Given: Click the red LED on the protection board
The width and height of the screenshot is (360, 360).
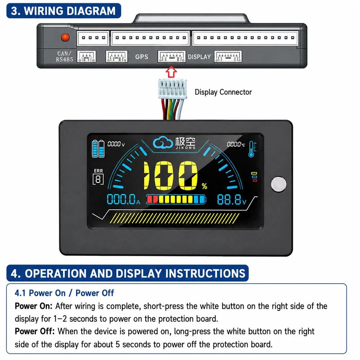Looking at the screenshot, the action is coord(65,37).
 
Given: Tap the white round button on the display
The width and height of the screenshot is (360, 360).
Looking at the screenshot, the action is coord(279,184).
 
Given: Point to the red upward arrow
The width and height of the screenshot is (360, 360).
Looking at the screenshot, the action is coord(171,72).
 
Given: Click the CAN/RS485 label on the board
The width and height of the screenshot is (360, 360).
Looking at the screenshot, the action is coord(64,57).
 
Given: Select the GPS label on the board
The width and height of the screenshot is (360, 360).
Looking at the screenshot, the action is coord(141,57).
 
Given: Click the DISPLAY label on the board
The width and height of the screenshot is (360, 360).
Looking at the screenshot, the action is coord(199,57).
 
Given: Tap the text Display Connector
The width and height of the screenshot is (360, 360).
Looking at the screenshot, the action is coord(223,92).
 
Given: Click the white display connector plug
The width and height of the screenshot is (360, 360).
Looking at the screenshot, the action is coord(172,89).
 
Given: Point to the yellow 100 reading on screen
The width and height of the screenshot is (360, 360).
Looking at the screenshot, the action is coord(170,176).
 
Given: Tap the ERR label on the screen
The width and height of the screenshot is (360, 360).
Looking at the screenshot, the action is coord(99,171).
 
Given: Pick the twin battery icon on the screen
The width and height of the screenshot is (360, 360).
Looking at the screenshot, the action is coord(98,149).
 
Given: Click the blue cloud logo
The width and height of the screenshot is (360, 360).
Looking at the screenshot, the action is coord(163,143).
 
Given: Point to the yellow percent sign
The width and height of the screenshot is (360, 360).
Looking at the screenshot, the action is coord(204,186).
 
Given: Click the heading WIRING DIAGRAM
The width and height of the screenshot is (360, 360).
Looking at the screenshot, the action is coord(69,11).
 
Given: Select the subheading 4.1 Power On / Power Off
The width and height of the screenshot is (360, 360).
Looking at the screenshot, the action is coord(64,293).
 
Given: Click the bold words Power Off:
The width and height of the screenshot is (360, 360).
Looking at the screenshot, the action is coord(35,332).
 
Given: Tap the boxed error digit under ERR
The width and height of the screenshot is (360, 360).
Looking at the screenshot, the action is coord(98,179).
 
